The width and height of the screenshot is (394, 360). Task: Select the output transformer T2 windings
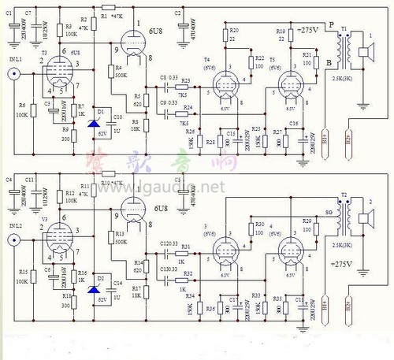tap(344, 215)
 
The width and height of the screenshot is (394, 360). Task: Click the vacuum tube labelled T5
tap(291, 83)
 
